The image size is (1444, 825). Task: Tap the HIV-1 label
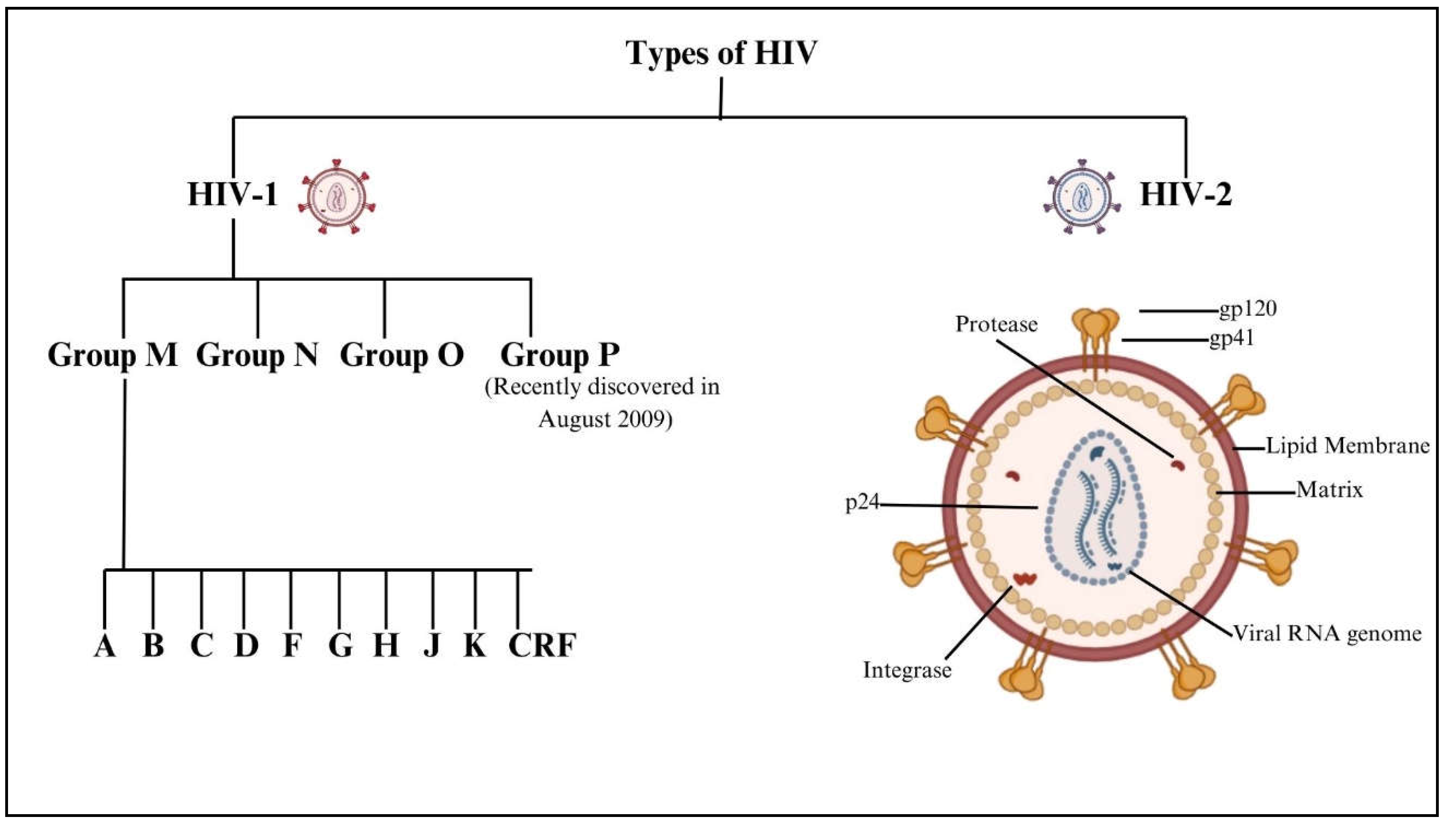[233, 194]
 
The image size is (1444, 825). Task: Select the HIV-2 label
[1186, 194]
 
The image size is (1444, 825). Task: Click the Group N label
[257, 355]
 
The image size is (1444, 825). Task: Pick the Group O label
[401, 355]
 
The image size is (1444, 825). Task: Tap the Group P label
[560, 355]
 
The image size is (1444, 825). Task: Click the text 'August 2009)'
[605, 419]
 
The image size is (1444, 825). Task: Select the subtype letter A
[105, 646]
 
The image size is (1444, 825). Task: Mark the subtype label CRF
[542, 646]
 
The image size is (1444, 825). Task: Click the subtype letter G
[340, 646]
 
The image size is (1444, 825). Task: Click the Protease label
[996, 324]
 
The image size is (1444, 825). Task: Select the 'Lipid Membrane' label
[1348, 446]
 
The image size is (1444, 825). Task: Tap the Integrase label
[907, 670]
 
